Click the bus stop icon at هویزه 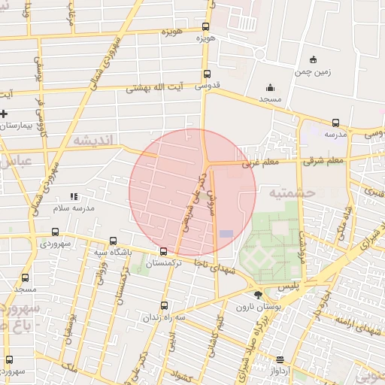pos(206,25)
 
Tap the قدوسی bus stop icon pos(206,74)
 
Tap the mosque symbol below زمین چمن pos(270,87)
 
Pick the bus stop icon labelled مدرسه pos(335,123)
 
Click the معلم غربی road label pos(260,162)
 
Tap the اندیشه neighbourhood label pos(92,141)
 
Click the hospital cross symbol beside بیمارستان pos(5,114)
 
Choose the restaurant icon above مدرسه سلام pos(74,196)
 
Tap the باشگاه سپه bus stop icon pos(113,241)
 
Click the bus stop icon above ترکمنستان pos(163,251)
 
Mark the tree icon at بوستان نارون pos(259,296)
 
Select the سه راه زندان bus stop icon pos(165,305)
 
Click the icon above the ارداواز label pos(280,359)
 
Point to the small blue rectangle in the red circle pos(226,234)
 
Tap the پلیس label pos(289,286)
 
